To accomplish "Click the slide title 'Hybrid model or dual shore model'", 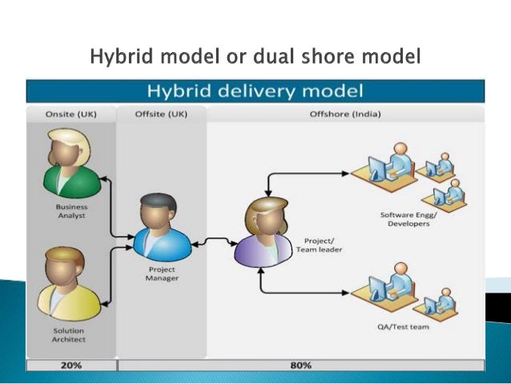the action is pos(255,58).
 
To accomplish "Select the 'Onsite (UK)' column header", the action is pos(71,114).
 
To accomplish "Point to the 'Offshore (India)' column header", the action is pos(344,114).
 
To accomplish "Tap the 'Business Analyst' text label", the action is pos(72,211).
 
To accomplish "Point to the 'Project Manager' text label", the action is pos(163,273).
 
